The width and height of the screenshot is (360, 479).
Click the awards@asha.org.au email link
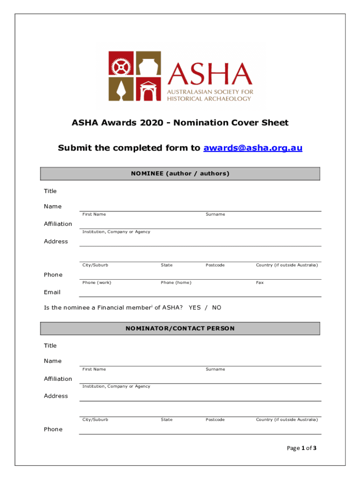tap(252, 148)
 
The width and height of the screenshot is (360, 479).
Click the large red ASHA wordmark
tap(210, 73)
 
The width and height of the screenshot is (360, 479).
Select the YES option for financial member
tap(194, 308)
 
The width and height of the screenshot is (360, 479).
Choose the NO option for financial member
tap(216, 308)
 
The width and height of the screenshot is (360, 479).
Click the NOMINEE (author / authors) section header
tap(180, 174)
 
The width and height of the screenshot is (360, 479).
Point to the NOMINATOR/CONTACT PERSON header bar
tap(180, 328)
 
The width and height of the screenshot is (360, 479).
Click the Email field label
tap(52, 292)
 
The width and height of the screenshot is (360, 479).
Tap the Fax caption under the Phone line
tap(259, 283)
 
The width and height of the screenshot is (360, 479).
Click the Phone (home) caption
tap(176, 283)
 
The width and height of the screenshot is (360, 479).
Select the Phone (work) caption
tap(97, 283)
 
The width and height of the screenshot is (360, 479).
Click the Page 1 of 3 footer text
tap(302, 448)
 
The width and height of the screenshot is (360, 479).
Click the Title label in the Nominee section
tap(50, 191)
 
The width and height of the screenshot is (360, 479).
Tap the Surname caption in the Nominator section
tap(215, 369)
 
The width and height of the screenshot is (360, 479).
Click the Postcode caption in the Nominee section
tap(215, 265)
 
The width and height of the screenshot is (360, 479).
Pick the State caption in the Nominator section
tap(166, 420)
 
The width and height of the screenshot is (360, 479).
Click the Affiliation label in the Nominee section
tap(58, 224)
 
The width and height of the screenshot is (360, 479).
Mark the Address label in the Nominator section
tap(56, 396)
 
